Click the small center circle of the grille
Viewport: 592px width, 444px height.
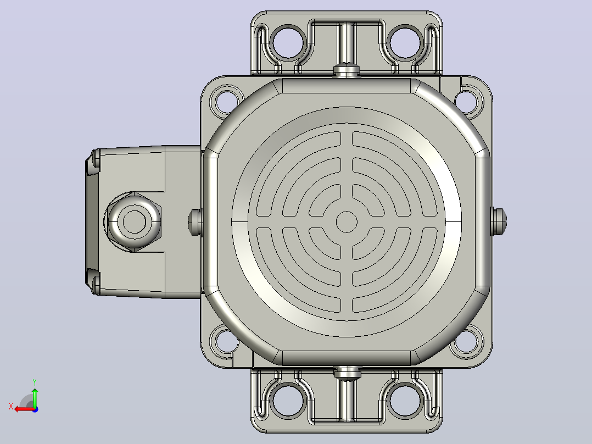[x=347, y=222]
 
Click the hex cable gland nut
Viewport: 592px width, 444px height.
[x=135, y=222]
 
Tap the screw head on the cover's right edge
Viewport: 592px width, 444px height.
[x=499, y=221]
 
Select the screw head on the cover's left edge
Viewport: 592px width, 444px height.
[x=195, y=222]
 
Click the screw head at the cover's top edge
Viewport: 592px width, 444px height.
[x=347, y=70]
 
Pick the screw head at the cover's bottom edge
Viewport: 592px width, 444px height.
[x=347, y=373]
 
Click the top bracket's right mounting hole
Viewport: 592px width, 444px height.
[x=405, y=42]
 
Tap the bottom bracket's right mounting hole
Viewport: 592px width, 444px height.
[x=405, y=401]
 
